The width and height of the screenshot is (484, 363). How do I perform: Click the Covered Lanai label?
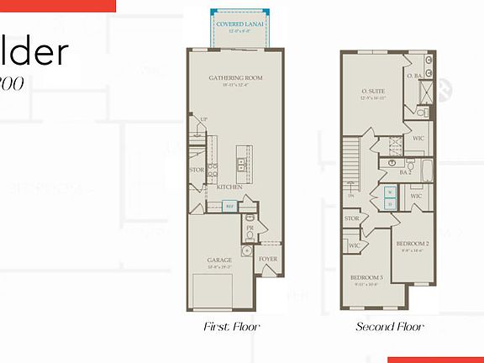(240, 25)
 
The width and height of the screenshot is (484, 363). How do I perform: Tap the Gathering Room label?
(236, 78)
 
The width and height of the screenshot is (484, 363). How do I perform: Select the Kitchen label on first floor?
(230, 187)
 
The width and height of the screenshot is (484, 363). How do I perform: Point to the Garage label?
(220, 260)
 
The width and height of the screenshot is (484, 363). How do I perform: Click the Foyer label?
(268, 260)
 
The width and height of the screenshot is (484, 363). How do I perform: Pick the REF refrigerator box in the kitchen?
(229, 204)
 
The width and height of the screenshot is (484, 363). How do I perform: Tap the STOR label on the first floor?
(197, 170)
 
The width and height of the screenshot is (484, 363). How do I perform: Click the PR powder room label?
(250, 229)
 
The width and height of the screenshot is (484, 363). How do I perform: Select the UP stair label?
(203, 120)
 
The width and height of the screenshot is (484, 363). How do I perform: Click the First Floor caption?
(232, 327)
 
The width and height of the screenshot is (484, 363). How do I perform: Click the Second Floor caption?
(390, 327)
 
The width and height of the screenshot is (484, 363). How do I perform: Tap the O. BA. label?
(414, 76)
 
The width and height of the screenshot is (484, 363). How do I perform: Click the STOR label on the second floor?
(351, 220)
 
